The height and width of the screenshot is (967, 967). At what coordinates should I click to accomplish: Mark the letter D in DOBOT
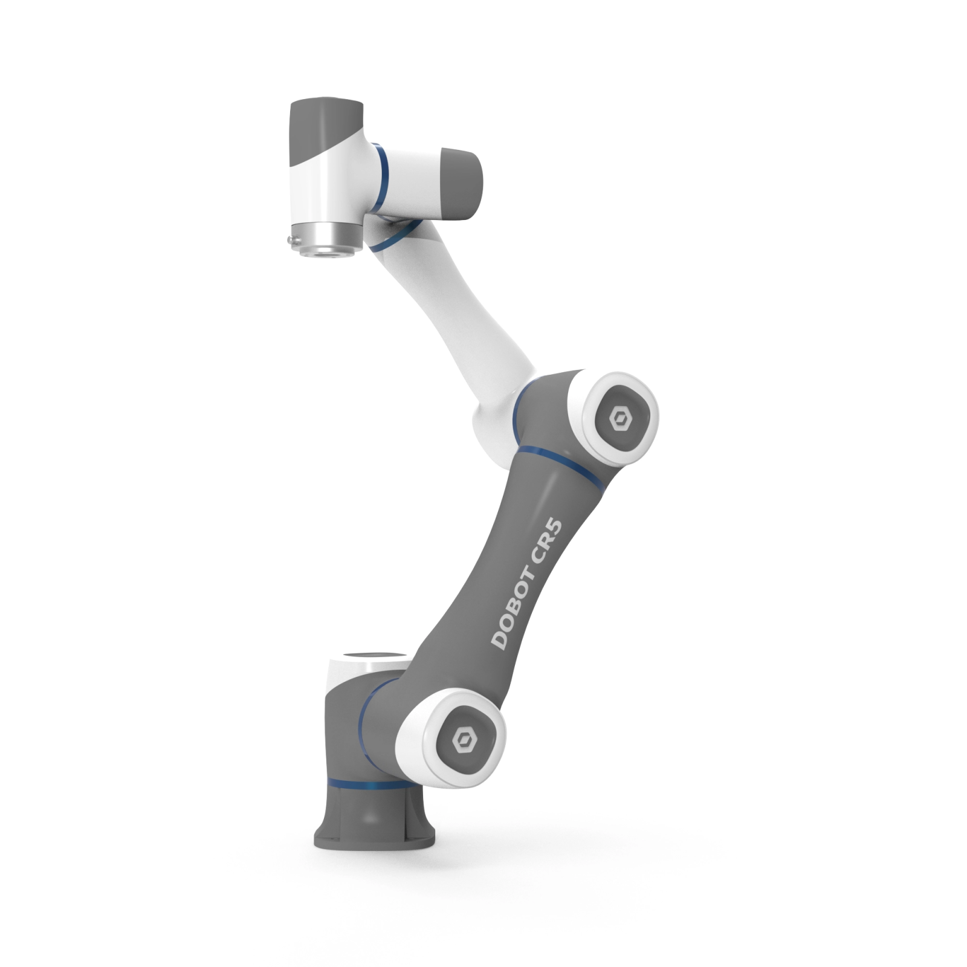tap(499, 641)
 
